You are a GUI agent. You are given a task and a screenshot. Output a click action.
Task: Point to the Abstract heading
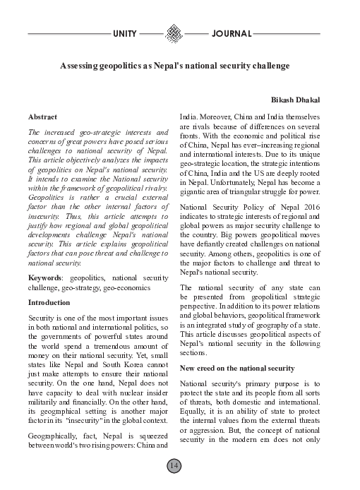[42, 115]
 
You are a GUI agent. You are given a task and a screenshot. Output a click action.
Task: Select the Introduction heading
[50, 302]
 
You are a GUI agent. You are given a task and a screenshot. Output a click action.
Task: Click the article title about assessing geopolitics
[174, 66]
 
